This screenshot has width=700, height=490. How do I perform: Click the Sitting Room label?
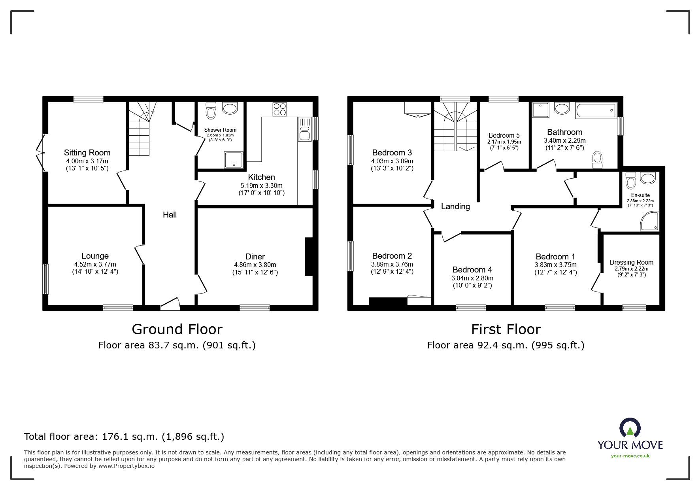(x=87, y=153)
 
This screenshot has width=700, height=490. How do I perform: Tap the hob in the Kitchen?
(x=279, y=109)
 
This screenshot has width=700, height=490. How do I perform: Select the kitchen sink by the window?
(x=305, y=129)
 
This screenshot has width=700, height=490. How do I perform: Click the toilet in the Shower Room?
(x=211, y=110)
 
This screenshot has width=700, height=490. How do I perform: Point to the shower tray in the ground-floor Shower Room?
(x=234, y=159)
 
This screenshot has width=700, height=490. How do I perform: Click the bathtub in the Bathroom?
(x=596, y=110)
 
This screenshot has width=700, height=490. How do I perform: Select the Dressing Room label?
(x=631, y=262)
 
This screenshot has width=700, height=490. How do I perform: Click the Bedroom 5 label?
(x=504, y=135)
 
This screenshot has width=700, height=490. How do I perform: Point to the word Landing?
(x=455, y=206)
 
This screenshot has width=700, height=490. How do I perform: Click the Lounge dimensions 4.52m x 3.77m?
(x=95, y=264)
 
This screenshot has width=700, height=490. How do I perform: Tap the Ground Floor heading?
(x=177, y=329)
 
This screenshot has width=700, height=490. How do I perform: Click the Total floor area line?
(x=124, y=437)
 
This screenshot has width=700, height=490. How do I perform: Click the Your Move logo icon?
(x=630, y=428)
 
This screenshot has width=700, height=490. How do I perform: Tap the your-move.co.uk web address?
(x=630, y=456)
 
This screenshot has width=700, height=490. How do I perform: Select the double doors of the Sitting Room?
(x=40, y=153)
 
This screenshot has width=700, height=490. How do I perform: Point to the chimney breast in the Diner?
(x=309, y=256)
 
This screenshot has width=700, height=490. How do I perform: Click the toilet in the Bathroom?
(x=597, y=160)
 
